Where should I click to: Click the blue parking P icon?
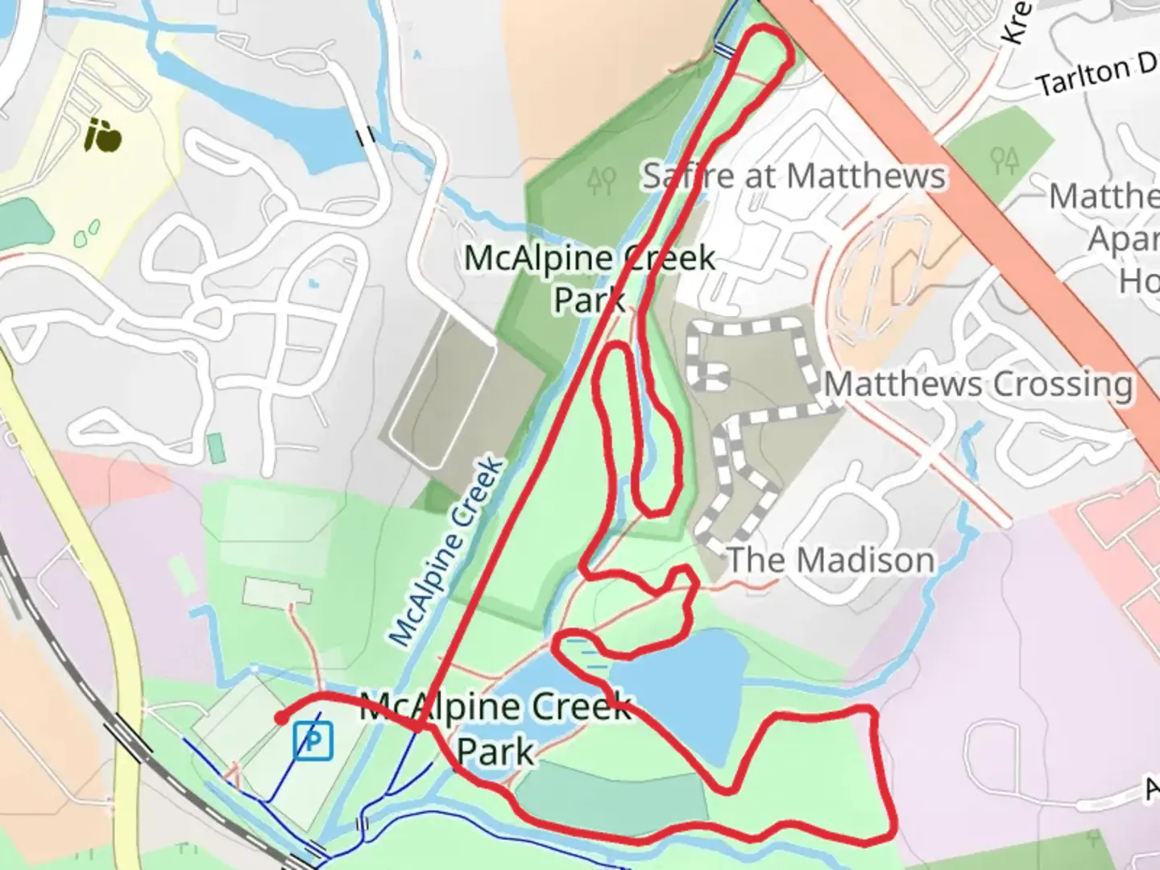click(313, 740)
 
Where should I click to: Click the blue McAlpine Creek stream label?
click(447, 552)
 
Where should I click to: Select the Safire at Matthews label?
click(793, 176)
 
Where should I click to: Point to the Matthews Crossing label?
click(978, 383)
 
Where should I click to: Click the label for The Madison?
click(831, 560)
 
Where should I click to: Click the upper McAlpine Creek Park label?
click(590, 278)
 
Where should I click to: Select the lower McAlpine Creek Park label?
click(495, 729)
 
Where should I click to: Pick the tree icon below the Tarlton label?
click(1005, 159)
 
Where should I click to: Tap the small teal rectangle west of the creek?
click(215, 447)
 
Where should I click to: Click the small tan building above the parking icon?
click(277, 594)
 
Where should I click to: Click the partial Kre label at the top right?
click(1017, 22)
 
